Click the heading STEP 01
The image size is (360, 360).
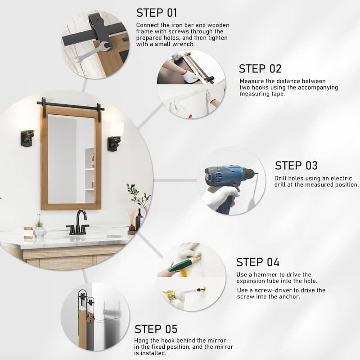[157, 13]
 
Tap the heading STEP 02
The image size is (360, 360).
[260, 69]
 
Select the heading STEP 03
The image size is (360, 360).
[296, 166]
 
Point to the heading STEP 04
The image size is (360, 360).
[257, 262]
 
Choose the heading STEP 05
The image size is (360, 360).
[156, 329]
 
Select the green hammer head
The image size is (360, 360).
[180, 266]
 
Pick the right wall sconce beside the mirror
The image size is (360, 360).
[114, 143]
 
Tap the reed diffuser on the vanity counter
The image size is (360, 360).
[131, 220]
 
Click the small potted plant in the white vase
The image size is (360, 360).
[40, 227]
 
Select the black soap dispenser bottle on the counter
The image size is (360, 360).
[139, 220]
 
